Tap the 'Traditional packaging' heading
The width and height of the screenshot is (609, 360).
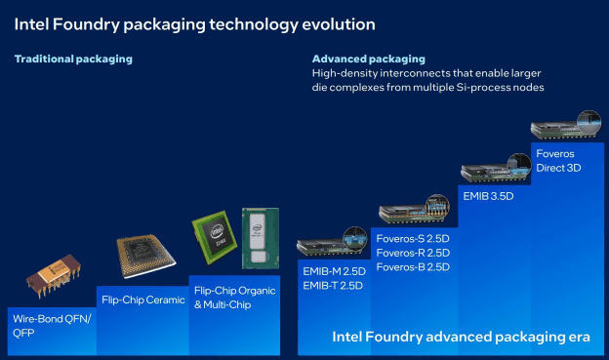[x=73, y=60]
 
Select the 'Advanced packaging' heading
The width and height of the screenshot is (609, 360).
[x=369, y=60]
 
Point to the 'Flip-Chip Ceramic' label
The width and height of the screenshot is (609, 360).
[x=142, y=300]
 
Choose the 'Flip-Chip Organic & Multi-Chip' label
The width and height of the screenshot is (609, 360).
[x=234, y=298]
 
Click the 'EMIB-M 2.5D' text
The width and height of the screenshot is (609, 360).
[x=335, y=271]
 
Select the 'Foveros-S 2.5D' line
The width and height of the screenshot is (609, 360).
[x=411, y=237]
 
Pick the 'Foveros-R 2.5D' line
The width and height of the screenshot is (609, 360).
[x=411, y=252]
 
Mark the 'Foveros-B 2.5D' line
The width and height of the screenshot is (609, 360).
[x=411, y=266]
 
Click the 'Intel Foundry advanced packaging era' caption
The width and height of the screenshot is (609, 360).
[x=461, y=338]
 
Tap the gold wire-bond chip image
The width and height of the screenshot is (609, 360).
[x=51, y=278]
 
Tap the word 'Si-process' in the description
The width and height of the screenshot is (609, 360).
[x=486, y=88]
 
